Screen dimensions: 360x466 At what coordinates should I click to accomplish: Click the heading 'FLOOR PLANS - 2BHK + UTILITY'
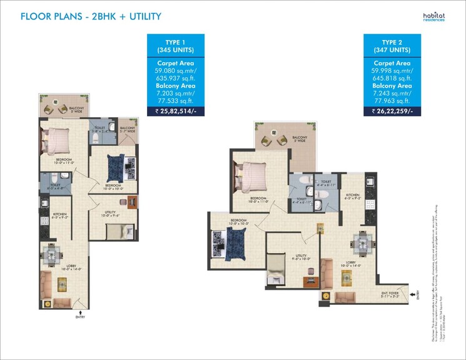(91, 16)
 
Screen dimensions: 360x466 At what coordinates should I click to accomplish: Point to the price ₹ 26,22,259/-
(392, 111)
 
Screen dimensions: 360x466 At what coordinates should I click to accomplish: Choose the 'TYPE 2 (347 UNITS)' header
(392, 45)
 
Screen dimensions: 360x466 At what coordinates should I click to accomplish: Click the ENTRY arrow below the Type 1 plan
(79, 312)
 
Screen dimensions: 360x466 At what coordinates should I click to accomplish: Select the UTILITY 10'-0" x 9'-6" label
(112, 214)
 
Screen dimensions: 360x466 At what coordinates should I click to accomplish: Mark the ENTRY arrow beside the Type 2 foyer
(414, 293)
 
